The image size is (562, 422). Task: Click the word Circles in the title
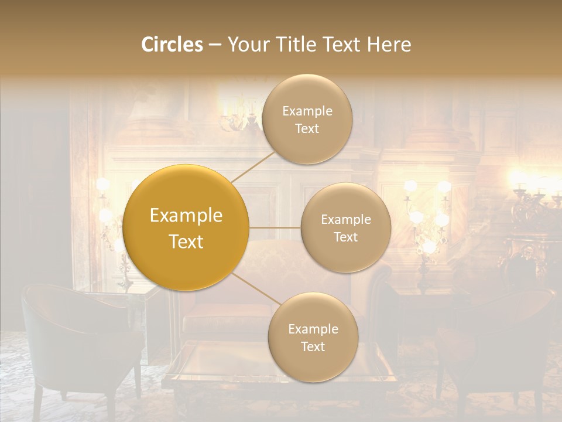pyautogui.click(x=172, y=45)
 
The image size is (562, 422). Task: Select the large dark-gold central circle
pyautogui.click(x=186, y=227)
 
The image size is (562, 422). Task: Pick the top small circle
pyautogui.click(x=307, y=119)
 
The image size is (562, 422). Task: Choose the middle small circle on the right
pyautogui.click(x=345, y=227)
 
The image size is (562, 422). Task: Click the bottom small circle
pyautogui.click(x=313, y=337)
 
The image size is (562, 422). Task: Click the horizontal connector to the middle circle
pyautogui.click(x=275, y=227)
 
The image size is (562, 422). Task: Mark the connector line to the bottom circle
pyautogui.click(x=254, y=290)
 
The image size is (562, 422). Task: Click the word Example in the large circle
pyautogui.click(x=186, y=216)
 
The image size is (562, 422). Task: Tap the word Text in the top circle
pyautogui.click(x=307, y=128)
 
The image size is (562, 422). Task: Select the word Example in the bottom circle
pyautogui.click(x=313, y=329)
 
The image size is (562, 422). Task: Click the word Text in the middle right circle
pyautogui.click(x=345, y=237)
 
